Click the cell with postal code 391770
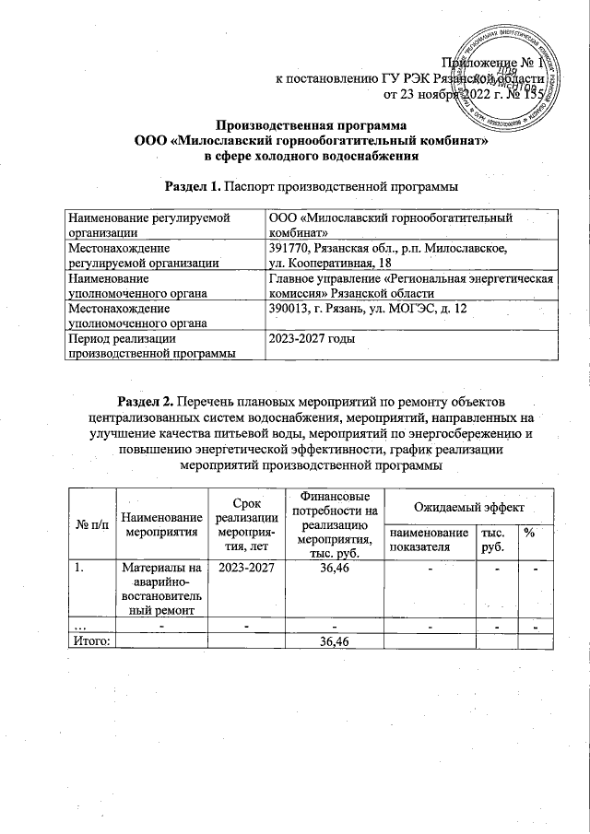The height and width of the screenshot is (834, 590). (x=410, y=255)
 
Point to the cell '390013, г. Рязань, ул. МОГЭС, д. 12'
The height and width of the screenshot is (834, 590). (x=410, y=314)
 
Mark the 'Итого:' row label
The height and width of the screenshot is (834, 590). (x=89, y=641)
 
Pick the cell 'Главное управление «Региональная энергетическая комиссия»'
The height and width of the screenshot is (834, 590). (x=410, y=285)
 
